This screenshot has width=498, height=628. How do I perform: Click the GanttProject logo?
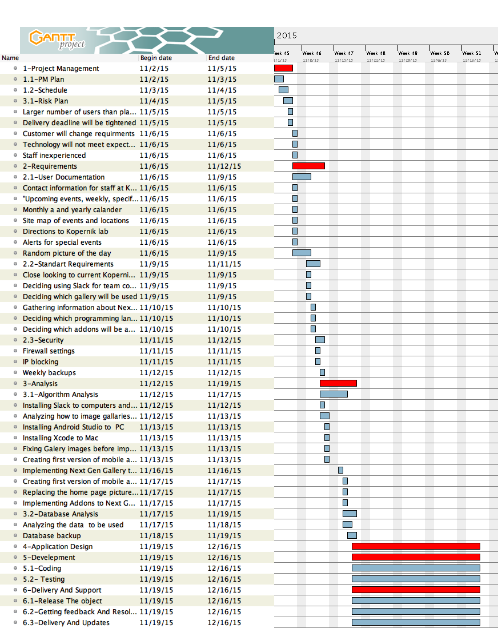[x=57, y=39]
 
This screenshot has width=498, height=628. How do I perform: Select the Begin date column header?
[x=156, y=58]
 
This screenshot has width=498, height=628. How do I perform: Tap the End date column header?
[x=222, y=58]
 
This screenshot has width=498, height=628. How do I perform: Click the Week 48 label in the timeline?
[x=376, y=53]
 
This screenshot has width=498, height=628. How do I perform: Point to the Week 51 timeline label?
[x=472, y=53]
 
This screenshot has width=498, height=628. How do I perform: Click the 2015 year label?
[x=287, y=35]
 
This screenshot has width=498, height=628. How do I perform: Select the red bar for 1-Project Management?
[x=283, y=68]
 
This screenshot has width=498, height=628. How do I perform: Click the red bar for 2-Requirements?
[x=308, y=166]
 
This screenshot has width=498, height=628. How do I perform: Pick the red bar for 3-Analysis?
[x=338, y=383]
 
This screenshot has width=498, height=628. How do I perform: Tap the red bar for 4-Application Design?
[x=416, y=546]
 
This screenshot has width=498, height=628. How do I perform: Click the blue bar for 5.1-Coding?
[x=416, y=568]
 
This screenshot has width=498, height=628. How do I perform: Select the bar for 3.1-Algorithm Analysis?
[x=334, y=394]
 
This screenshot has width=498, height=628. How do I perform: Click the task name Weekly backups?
[x=49, y=372]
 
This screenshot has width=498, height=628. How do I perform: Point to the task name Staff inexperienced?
[x=54, y=155]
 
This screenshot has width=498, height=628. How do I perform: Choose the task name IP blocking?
[x=41, y=361]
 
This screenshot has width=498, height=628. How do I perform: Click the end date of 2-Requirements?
[x=224, y=166]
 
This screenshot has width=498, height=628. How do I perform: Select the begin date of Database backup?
[x=156, y=535]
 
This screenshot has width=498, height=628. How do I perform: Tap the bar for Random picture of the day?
[x=302, y=253]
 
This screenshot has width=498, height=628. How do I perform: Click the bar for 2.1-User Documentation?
[x=302, y=177]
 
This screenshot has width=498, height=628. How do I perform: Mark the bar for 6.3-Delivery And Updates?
[x=416, y=622]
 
